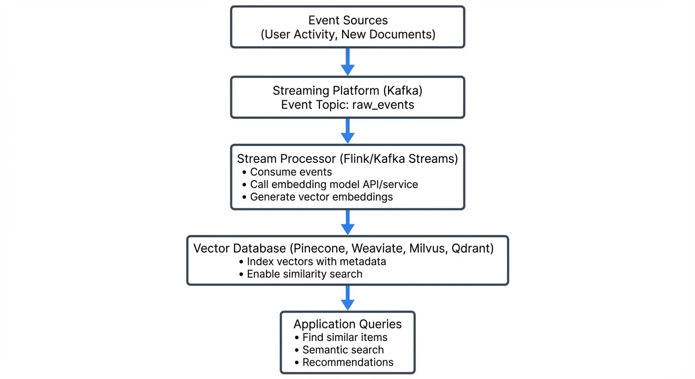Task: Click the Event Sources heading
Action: tap(348, 20)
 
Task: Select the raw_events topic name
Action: tap(383, 105)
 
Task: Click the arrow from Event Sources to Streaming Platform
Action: tap(348, 62)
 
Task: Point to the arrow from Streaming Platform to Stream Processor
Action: tap(348, 131)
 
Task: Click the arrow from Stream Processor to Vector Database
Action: tap(348, 222)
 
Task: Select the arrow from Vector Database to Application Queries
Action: tap(348, 298)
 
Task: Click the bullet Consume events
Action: tap(291, 172)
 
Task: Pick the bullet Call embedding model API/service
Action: tap(334, 185)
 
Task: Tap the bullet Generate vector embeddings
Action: tap(321, 197)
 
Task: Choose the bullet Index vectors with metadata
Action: tap(316, 262)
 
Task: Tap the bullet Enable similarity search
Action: tap(305, 274)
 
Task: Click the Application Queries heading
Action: tap(347, 324)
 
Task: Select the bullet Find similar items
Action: tap(345, 338)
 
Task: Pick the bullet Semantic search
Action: tap(343, 350)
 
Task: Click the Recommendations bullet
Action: tap(347, 362)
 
